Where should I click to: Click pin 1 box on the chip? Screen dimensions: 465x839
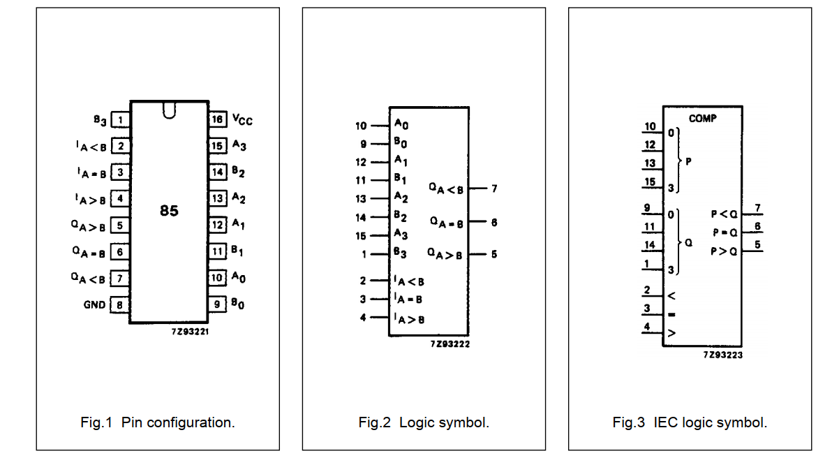pyautogui.click(x=120, y=120)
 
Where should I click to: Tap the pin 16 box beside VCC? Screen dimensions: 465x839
pyautogui.click(x=218, y=119)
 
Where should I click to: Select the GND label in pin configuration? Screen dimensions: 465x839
pyautogui.click(x=95, y=305)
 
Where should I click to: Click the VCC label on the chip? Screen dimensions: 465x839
pyautogui.click(x=242, y=120)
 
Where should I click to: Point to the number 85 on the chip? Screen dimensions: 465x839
pyautogui.click(x=169, y=210)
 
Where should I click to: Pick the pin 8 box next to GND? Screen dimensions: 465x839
pyautogui.click(x=120, y=305)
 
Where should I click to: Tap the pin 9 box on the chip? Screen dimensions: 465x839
pyautogui.click(x=218, y=304)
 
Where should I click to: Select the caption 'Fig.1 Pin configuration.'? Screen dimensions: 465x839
pyautogui.click(x=157, y=422)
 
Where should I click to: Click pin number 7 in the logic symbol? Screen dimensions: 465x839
pyautogui.click(x=493, y=189)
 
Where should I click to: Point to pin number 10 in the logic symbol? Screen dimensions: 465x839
pyautogui.click(x=361, y=126)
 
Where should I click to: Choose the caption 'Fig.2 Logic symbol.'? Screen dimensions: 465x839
pyautogui.click(x=424, y=422)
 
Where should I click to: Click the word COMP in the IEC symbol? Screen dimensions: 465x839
pyautogui.click(x=703, y=119)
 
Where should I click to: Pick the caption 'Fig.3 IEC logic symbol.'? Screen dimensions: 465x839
pyautogui.click(x=690, y=422)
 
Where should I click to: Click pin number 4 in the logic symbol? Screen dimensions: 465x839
pyautogui.click(x=363, y=318)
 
